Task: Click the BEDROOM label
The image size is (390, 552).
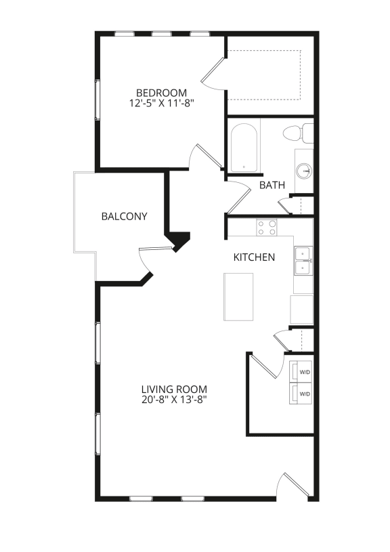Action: (161, 93)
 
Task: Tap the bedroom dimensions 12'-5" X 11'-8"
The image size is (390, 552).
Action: (161, 104)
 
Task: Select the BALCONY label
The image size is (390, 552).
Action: (124, 217)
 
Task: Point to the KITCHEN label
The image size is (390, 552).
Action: (254, 257)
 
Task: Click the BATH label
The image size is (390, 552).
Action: (272, 185)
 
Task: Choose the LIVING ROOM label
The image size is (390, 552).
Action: (174, 389)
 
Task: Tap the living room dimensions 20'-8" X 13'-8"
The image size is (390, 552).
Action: (174, 400)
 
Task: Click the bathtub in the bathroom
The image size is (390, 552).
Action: (243, 147)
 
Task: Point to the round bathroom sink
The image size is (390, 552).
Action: (303, 171)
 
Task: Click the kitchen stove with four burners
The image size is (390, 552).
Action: (266, 228)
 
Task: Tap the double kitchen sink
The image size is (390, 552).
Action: (302, 261)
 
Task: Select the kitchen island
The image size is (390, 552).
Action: (238, 296)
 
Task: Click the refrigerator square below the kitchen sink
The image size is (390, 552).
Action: (302, 309)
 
